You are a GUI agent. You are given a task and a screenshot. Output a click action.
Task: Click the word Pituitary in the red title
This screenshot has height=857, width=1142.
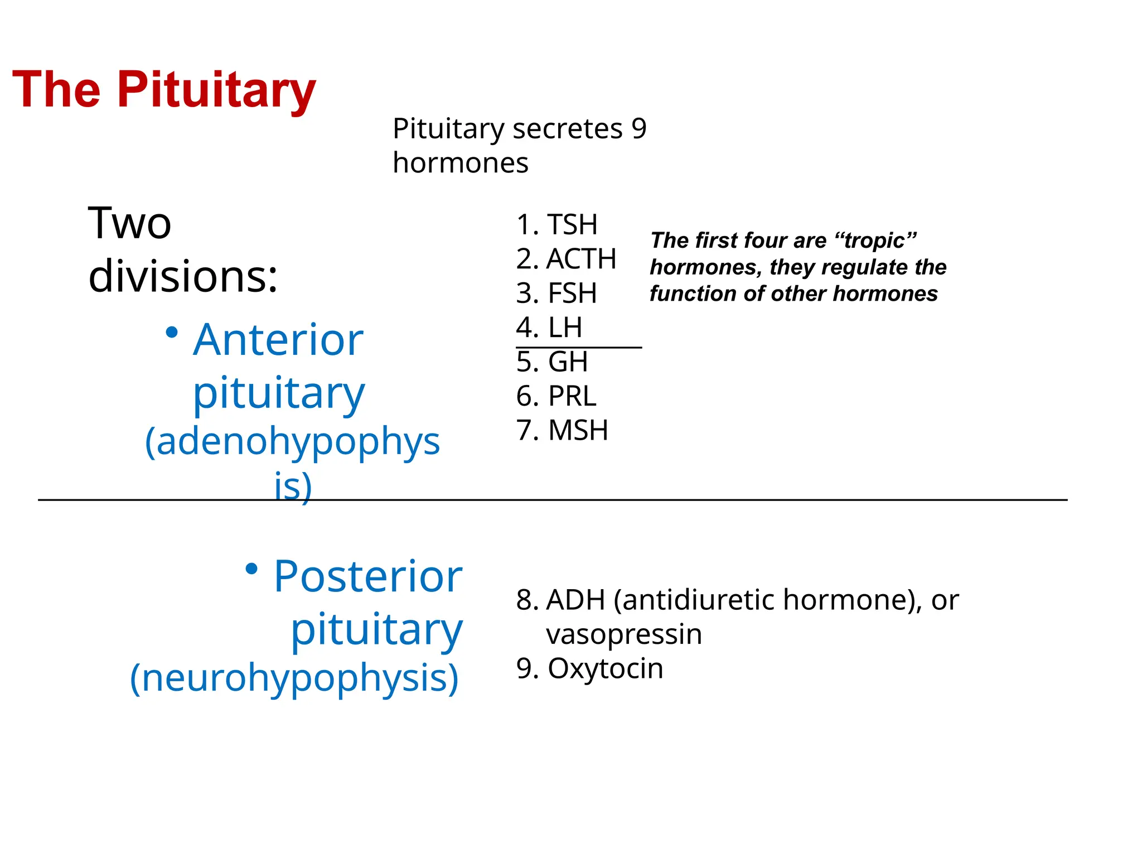216,91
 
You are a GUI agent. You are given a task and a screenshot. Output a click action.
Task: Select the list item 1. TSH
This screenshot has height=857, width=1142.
557,225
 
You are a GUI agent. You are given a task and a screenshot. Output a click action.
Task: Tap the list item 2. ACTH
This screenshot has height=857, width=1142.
566,259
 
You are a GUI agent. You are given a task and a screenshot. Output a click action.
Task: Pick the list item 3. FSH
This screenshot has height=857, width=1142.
557,293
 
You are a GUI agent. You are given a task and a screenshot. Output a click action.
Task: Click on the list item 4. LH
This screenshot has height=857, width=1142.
549,328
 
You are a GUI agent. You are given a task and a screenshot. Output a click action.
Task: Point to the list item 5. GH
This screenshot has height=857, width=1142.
552,362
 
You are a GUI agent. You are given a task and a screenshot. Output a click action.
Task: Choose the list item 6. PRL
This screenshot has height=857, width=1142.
556,396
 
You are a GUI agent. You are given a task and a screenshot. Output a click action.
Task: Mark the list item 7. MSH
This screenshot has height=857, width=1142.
562,430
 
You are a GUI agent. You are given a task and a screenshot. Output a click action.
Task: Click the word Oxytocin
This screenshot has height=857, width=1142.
606,668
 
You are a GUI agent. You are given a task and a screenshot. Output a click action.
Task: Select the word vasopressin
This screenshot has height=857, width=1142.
624,634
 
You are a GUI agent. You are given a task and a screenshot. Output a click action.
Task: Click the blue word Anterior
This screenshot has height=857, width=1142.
278,340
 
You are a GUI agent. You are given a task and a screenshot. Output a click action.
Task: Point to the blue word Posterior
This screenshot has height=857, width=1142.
368,576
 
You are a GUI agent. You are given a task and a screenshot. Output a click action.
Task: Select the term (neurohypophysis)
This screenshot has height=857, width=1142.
294,678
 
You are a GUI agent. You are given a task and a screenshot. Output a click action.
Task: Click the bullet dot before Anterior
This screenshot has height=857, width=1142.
172,333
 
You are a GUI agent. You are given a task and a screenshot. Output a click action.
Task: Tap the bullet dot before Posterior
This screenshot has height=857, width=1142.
251,569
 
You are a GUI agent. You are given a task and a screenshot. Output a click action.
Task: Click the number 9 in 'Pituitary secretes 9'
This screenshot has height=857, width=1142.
639,129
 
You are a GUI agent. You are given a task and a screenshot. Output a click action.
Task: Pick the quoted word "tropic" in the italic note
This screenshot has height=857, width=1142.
875,240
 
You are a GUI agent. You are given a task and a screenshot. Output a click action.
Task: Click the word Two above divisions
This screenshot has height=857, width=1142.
129,223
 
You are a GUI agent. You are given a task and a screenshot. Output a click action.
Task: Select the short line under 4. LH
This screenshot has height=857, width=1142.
579,348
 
